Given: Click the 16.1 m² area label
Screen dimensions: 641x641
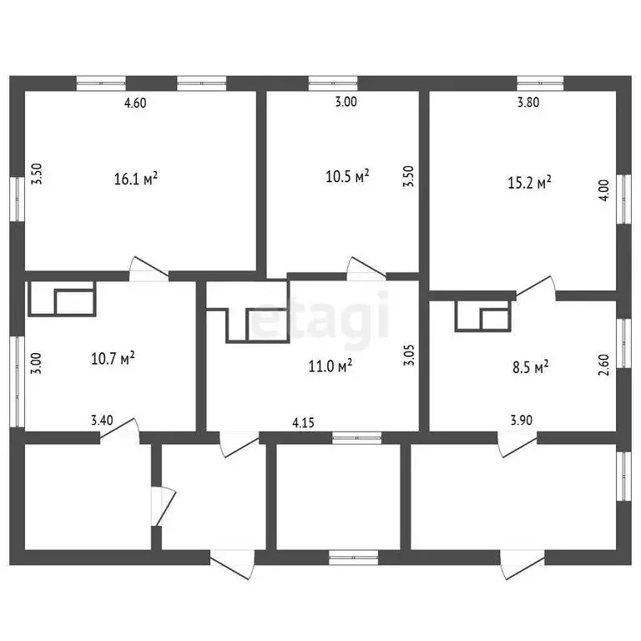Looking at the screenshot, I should tap(135, 179).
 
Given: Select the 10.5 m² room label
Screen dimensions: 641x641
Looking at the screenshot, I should tap(346, 177).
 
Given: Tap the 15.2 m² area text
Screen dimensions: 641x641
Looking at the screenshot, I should tap(529, 183).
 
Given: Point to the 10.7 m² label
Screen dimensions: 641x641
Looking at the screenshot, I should tap(113, 359).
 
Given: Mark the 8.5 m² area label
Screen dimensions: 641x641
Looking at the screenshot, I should tap(529, 366).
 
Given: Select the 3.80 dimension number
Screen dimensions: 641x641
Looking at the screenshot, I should tap(528, 103).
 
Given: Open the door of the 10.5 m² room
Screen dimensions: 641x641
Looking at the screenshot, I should tap(366, 267).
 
